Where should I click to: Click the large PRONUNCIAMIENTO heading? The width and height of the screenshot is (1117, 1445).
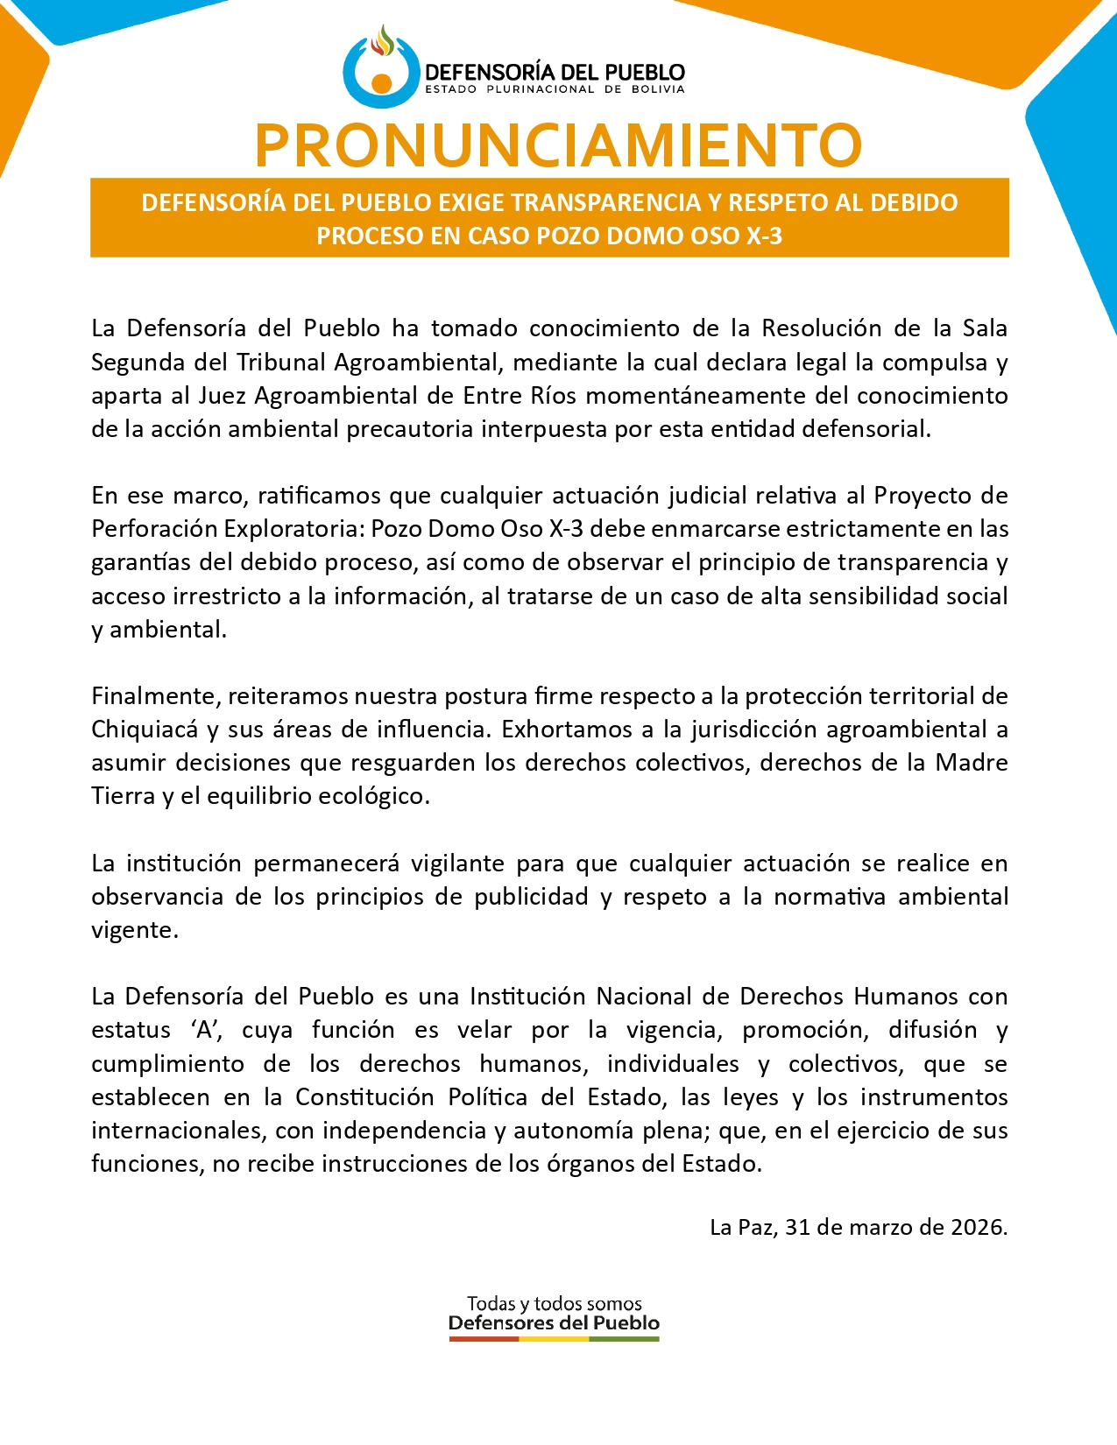pos(558,144)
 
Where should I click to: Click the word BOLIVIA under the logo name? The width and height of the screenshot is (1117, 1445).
pos(658,89)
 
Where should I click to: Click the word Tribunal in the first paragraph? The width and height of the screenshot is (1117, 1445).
pos(281,362)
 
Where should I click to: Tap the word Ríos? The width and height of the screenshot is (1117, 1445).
pos(553,395)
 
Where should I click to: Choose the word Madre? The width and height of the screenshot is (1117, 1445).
pos(972,763)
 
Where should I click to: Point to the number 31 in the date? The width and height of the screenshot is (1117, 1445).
pos(797,1227)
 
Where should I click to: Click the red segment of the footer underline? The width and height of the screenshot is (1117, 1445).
pos(484,1339)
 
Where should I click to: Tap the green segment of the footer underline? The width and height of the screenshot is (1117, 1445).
pos(624,1339)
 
